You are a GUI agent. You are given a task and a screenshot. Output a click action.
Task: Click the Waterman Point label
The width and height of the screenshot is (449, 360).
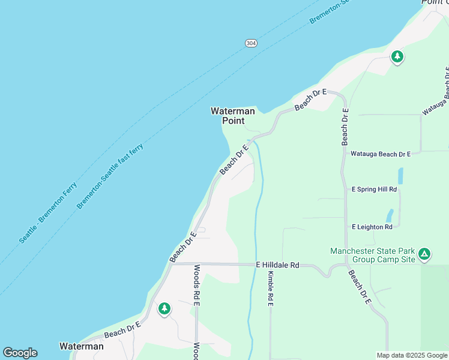click(233, 116)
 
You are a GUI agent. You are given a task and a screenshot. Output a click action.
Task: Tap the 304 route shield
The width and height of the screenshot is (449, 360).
click(251, 43)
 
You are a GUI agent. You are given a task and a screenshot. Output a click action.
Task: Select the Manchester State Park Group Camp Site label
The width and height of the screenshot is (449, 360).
click(372, 255)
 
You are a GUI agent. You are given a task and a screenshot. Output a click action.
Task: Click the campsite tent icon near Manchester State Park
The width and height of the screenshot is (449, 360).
click(424, 254)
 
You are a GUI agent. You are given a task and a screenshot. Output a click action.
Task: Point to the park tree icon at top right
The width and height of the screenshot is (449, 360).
click(397, 57)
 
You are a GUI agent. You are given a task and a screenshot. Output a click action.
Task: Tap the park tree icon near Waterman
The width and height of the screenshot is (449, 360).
click(164, 309)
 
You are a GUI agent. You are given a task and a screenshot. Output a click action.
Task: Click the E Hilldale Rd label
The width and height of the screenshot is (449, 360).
click(277, 265)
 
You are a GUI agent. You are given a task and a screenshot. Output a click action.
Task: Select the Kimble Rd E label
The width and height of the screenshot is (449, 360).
click(271, 289)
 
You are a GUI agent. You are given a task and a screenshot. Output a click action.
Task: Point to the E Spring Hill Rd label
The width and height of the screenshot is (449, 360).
click(375, 189)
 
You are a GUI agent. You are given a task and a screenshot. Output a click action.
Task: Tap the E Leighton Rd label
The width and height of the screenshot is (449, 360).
click(372, 227)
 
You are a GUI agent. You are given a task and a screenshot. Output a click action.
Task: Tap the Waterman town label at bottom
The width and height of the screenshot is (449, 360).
click(82, 346)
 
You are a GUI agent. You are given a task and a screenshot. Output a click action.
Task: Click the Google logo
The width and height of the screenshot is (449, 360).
click(20, 353)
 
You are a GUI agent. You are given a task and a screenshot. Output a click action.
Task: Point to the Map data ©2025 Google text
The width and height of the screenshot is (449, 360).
click(411, 355)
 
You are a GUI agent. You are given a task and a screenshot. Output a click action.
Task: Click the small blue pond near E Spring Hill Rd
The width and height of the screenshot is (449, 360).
click(400, 176)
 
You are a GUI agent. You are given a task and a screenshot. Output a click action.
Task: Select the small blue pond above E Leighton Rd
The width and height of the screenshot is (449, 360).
click(390, 215)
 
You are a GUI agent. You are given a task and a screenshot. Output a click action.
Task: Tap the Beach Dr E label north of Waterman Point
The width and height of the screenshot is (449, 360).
click(310, 100)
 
